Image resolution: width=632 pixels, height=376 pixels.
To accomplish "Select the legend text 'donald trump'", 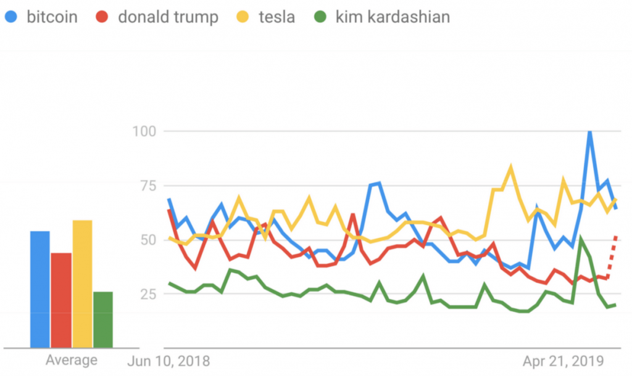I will [168, 17].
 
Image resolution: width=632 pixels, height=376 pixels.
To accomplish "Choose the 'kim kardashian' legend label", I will [393, 17].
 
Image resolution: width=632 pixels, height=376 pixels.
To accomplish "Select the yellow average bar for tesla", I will [82, 284].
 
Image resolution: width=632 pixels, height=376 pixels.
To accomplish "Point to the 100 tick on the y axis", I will [143, 131].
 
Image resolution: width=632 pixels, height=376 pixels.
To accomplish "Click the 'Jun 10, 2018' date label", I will [168, 360].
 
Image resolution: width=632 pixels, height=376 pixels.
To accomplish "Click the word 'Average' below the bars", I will [71, 360].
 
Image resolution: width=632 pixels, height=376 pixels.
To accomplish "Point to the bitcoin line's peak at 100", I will [590, 132].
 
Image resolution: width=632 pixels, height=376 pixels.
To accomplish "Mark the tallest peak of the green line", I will [581, 239].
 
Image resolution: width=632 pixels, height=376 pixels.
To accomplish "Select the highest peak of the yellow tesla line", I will [510, 167].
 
